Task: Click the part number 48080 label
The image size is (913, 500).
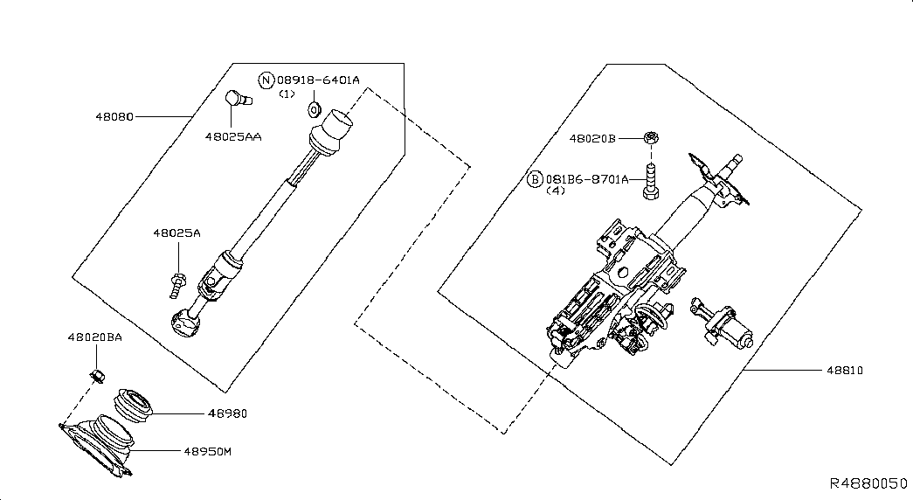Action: point(114,116)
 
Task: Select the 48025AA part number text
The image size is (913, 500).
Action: point(233,137)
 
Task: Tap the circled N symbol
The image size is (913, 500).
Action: point(266,80)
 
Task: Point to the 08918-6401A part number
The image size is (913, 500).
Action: point(319,80)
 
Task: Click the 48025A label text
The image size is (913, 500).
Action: point(176,233)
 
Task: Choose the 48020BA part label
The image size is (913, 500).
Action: point(95,337)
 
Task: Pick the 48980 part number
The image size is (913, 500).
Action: point(228,413)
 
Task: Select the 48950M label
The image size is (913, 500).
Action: point(208,452)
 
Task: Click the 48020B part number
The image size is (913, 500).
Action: point(592,139)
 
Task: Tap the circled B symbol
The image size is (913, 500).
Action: point(535,179)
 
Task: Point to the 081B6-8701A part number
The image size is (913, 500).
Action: point(587,179)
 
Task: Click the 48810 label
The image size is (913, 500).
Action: point(845,370)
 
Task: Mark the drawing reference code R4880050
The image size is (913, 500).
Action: point(868,483)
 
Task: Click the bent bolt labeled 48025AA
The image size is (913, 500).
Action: point(239,98)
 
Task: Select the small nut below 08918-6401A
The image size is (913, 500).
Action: point(315,109)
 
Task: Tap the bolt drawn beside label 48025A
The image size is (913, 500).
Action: point(176,284)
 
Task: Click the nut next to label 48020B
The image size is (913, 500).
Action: point(651,138)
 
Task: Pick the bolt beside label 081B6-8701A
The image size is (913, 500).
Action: point(651,182)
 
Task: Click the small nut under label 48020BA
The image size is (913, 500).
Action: point(97,376)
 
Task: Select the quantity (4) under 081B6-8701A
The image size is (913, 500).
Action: point(556,191)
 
